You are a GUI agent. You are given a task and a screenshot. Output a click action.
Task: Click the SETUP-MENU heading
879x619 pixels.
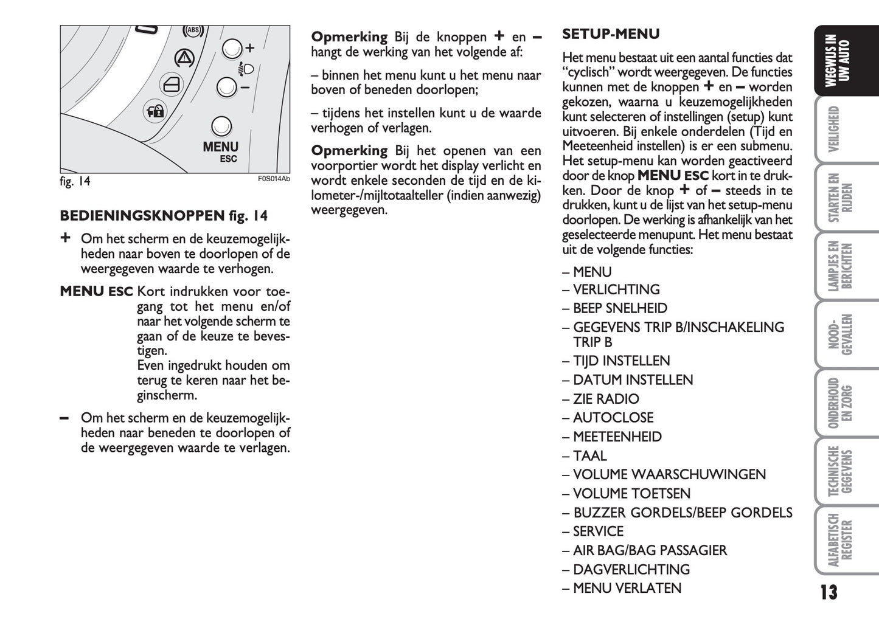pos(611,34)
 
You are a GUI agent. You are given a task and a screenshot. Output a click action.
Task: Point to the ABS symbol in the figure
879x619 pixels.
pos(193,30)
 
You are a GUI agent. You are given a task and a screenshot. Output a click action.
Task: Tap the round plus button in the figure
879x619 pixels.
pos(232,49)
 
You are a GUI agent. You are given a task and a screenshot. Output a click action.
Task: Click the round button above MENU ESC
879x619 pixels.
pos(221,126)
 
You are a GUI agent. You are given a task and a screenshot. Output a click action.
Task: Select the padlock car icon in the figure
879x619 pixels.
pos(154,111)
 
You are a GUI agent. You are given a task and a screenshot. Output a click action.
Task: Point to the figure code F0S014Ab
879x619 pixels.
pos(274,179)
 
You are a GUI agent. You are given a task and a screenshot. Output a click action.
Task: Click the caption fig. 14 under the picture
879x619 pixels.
pos(75,181)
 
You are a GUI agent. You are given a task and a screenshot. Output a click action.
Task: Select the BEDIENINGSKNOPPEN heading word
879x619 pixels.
pos(142,216)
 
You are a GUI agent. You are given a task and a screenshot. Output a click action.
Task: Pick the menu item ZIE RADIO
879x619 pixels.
pos(606,399)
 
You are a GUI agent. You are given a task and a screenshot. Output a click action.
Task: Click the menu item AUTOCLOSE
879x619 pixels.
pos(613,418)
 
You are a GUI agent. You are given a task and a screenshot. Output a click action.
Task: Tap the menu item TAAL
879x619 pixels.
pos(589,455)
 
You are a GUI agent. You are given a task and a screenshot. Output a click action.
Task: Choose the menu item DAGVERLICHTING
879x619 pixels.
pos(631,569)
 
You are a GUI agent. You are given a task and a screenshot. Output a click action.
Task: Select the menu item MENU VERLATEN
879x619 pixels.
pos(627,588)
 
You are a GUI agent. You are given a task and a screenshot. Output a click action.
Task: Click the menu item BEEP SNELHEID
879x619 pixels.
pos(620,308)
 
